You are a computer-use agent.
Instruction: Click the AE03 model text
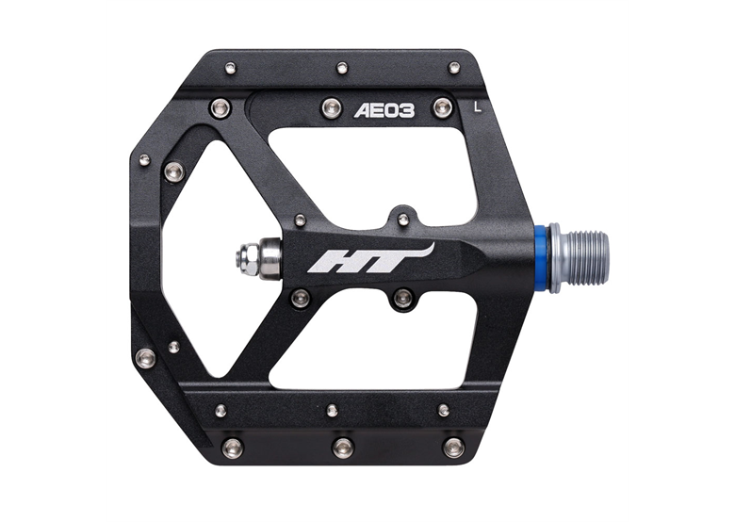click(384, 110)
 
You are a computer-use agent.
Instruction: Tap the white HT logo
click(370, 258)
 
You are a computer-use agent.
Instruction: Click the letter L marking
click(478, 107)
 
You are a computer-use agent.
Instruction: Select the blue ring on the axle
click(542, 258)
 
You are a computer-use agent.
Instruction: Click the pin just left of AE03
click(331, 107)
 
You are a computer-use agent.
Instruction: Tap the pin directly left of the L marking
click(442, 107)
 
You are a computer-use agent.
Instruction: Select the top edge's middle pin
click(343, 68)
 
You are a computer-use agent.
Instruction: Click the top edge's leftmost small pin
click(230, 68)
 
